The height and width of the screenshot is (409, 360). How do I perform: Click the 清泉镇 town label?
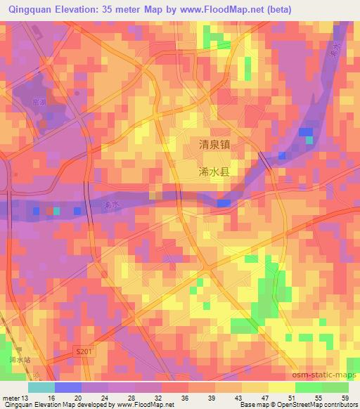click(x=214, y=144)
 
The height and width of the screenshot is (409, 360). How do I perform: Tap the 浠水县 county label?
click(x=214, y=171)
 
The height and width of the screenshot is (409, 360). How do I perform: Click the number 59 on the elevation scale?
click(x=345, y=398)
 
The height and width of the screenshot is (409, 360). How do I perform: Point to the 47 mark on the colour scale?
click(x=265, y=398)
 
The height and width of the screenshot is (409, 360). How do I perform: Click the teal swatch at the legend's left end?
click(x=41, y=387)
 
